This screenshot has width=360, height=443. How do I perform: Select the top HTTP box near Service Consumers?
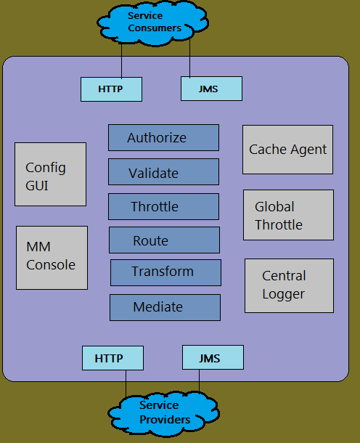pyautogui.click(x=111, y=89)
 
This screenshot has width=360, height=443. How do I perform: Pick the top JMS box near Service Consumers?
pyautogui.click(x=210, y=89)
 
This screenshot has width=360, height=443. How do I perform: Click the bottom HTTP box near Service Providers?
pyautogui.click(x=112, y=358)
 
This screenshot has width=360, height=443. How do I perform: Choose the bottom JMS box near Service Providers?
pyautogui.click(x=212, y=357)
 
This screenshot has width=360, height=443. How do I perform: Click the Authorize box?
pyautogui.click(x=163, y=137)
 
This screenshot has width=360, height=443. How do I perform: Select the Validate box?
pyautogui.click(x=163, y=172)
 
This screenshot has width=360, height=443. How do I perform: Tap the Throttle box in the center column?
pyautogui.click(x=163, y=206)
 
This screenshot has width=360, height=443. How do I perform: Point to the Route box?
pyautogui.click(x=164, y=240)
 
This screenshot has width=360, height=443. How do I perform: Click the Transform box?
pyautogui.click(x=165, y=272)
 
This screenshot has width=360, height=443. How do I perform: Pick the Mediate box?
pyautogui.click(x=165, y=307)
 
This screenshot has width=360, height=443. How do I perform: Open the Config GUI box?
pyautogui.click(x=50, y=174)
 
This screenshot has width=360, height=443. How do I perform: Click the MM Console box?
pyautogui.click(x=52, y=257)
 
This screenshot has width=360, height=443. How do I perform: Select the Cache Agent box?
pyautogui.click(x=287, y=150)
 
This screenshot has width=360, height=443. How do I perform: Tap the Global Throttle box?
pyautogui.click(x=289, y=215)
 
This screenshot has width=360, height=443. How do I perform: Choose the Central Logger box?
pyautogui.click(x=289, y=285)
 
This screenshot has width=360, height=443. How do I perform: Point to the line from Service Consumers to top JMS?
pyautogui.click(x=189, y=58)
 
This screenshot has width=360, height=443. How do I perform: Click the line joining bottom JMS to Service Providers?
pyautogui.click(x=199, y=383)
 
